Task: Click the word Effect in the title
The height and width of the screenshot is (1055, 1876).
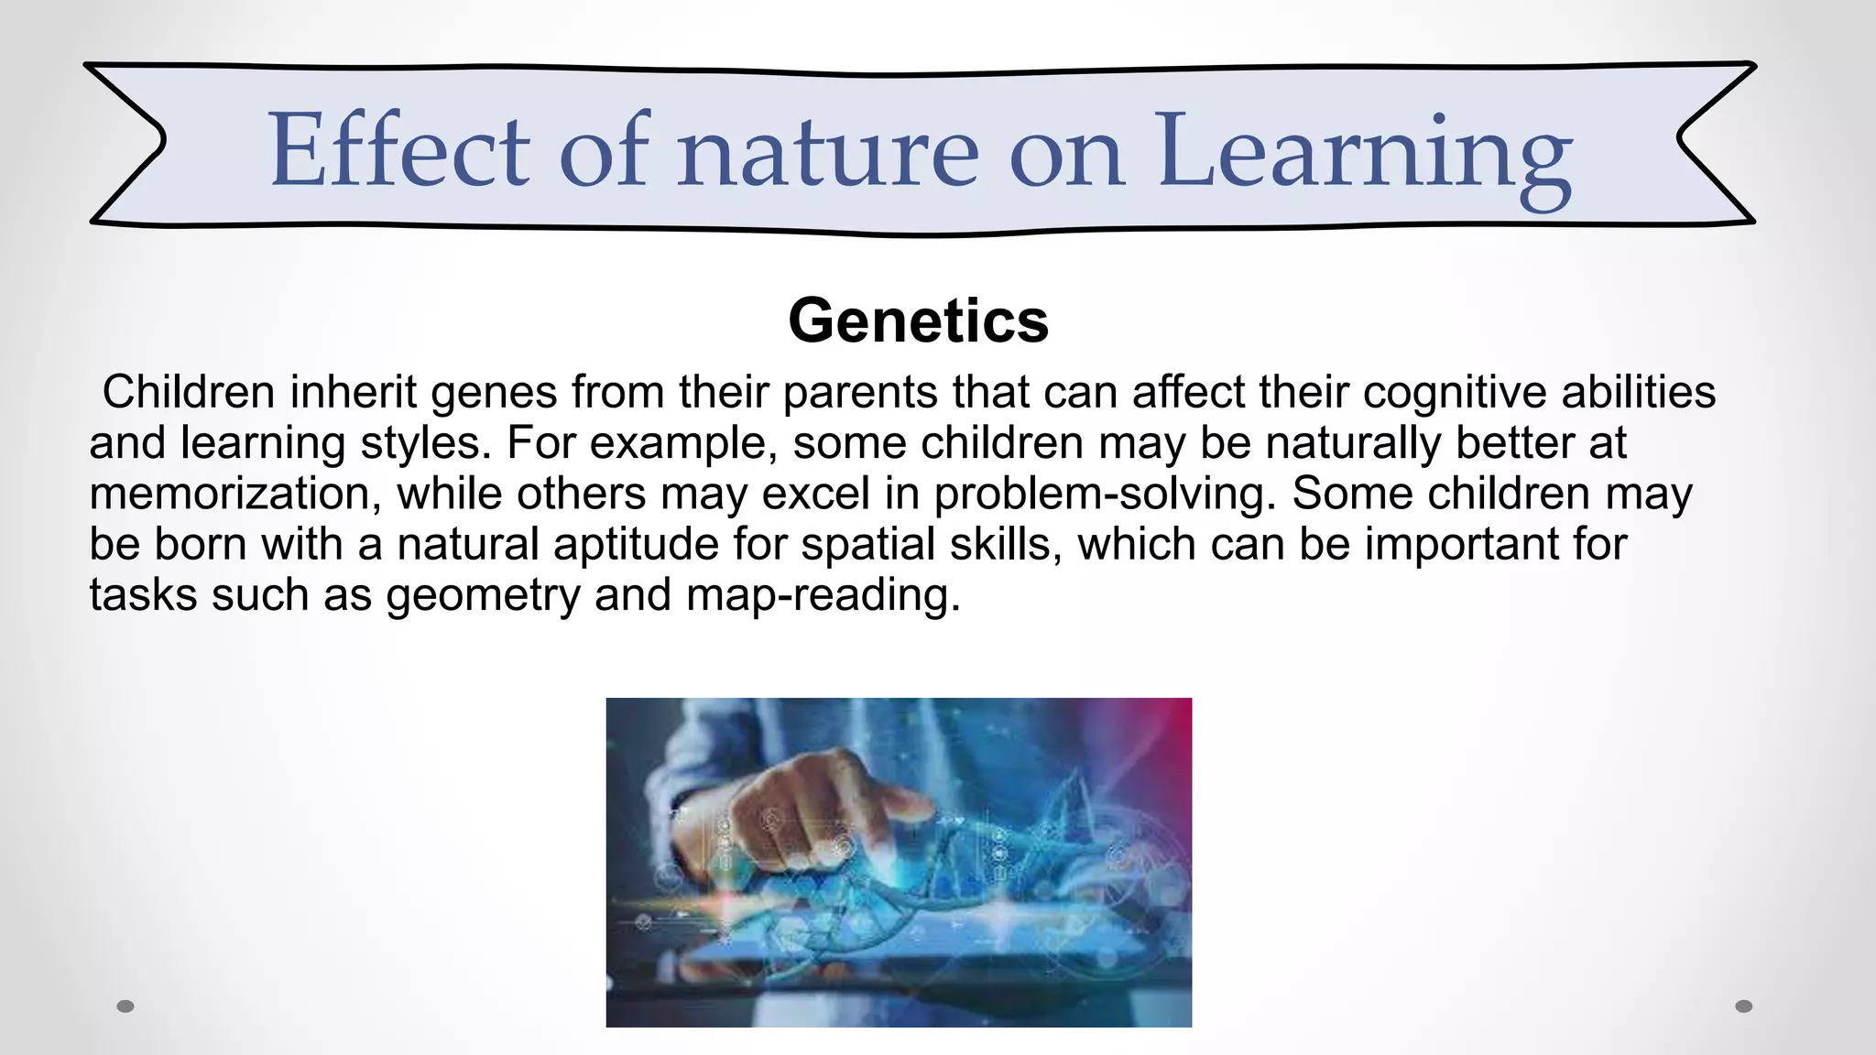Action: tap(398, 149)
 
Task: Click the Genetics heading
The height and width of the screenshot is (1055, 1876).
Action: tap(918, 321)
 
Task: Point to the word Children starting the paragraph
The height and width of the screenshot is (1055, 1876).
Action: tap(189, 392)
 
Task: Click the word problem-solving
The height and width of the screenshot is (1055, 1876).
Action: tap(1105, 494)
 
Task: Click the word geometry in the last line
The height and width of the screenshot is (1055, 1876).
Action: tap(483, 595)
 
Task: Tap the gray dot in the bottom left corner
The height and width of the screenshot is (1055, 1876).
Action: tap(126, 1006)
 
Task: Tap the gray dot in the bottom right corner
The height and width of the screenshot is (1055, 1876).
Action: tap(1744, 1006)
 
